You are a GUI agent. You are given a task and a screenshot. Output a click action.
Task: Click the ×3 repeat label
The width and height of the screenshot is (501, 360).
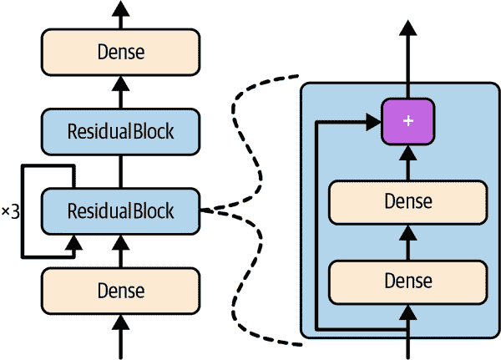10,211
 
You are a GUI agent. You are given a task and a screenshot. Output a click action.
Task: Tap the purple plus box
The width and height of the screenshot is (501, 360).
407,121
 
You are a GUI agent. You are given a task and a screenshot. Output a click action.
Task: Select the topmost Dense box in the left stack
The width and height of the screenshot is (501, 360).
121,52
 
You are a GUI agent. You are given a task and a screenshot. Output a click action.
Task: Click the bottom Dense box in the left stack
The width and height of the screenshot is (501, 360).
121,290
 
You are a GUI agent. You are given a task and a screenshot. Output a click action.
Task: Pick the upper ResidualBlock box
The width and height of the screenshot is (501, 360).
121,131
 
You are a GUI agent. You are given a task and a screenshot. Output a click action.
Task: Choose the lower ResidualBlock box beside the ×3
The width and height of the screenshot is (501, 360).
121,210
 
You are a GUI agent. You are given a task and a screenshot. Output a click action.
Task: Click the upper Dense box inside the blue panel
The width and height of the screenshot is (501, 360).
407,201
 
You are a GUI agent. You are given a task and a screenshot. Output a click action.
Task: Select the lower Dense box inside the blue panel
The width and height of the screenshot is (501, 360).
407,281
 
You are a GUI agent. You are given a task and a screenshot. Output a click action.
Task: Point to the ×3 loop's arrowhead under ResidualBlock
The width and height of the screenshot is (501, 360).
76,243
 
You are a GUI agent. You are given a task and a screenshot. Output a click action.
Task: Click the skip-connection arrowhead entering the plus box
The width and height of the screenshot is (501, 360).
373,122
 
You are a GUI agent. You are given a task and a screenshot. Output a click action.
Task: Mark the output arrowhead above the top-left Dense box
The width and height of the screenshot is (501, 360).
121,8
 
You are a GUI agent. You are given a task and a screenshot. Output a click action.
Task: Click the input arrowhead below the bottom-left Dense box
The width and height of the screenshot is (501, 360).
121,323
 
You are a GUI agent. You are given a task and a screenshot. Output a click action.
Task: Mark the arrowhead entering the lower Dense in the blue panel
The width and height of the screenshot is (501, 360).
407,312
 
